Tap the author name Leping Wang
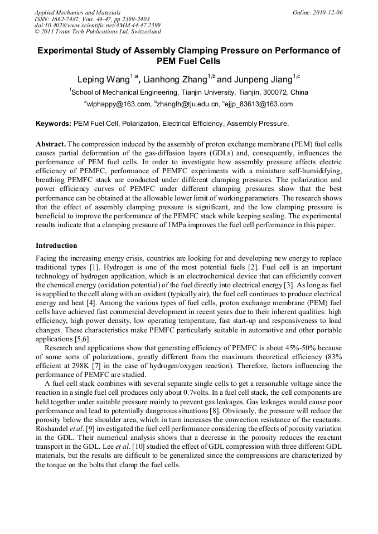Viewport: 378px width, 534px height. [103, 79]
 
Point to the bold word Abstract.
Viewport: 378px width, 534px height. [50, 144]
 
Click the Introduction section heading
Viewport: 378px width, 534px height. [56, 245]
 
